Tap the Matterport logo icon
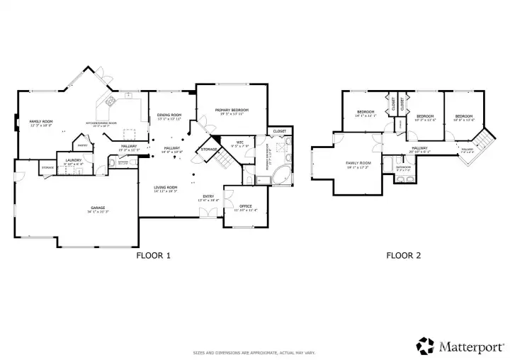(x=425, y=345)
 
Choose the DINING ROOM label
(x=169, y=115)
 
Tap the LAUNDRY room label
(x=74, y=161)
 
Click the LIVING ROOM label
(x=166, y=188)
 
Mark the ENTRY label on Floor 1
(x=208, y=196)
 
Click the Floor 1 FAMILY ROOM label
(x=38, y=122)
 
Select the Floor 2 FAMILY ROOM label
(x=358, y=163)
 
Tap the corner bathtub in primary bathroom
(x=280, y=174)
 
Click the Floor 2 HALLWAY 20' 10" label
(x=420, y=147)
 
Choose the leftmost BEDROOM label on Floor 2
(x=365, y=112)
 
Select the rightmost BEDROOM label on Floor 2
(x=463, y=116)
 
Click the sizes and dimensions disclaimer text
(x=254, y=352)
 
